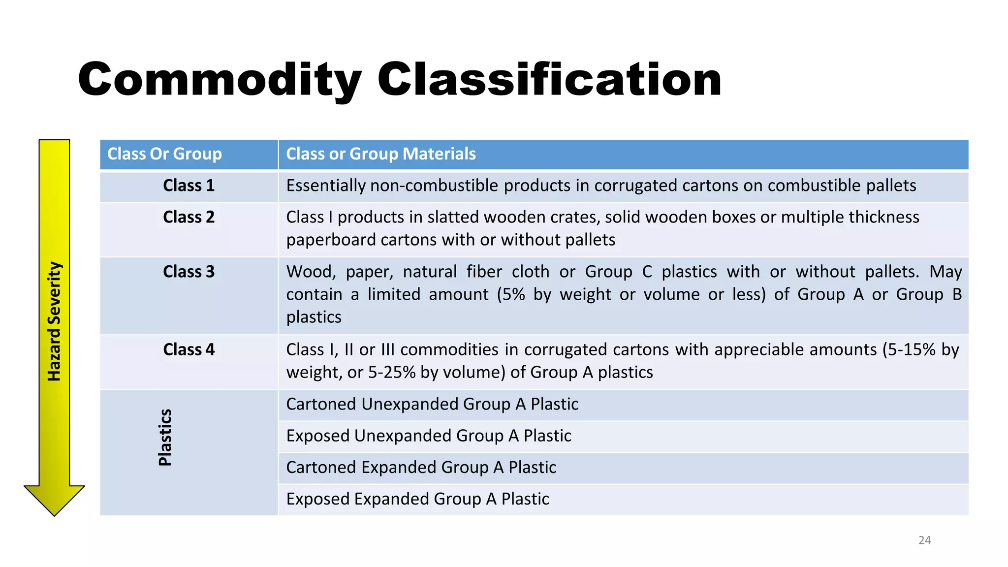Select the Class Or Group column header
tap(164, 154)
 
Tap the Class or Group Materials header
tap(380, 154)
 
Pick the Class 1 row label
tap(189, 186)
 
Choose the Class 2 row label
tap(189, 217)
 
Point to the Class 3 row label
tap(189, 272)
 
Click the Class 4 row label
tap(189, 349)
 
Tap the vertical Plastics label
tap(165, 438)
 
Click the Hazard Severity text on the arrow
tap(54, 321)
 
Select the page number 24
tap(924, 540)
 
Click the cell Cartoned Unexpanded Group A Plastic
tap(432, 404)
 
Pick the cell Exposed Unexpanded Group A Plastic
tap(428, 436)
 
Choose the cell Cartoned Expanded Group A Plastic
tap(421, 467)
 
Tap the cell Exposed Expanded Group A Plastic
tap(417, 499)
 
